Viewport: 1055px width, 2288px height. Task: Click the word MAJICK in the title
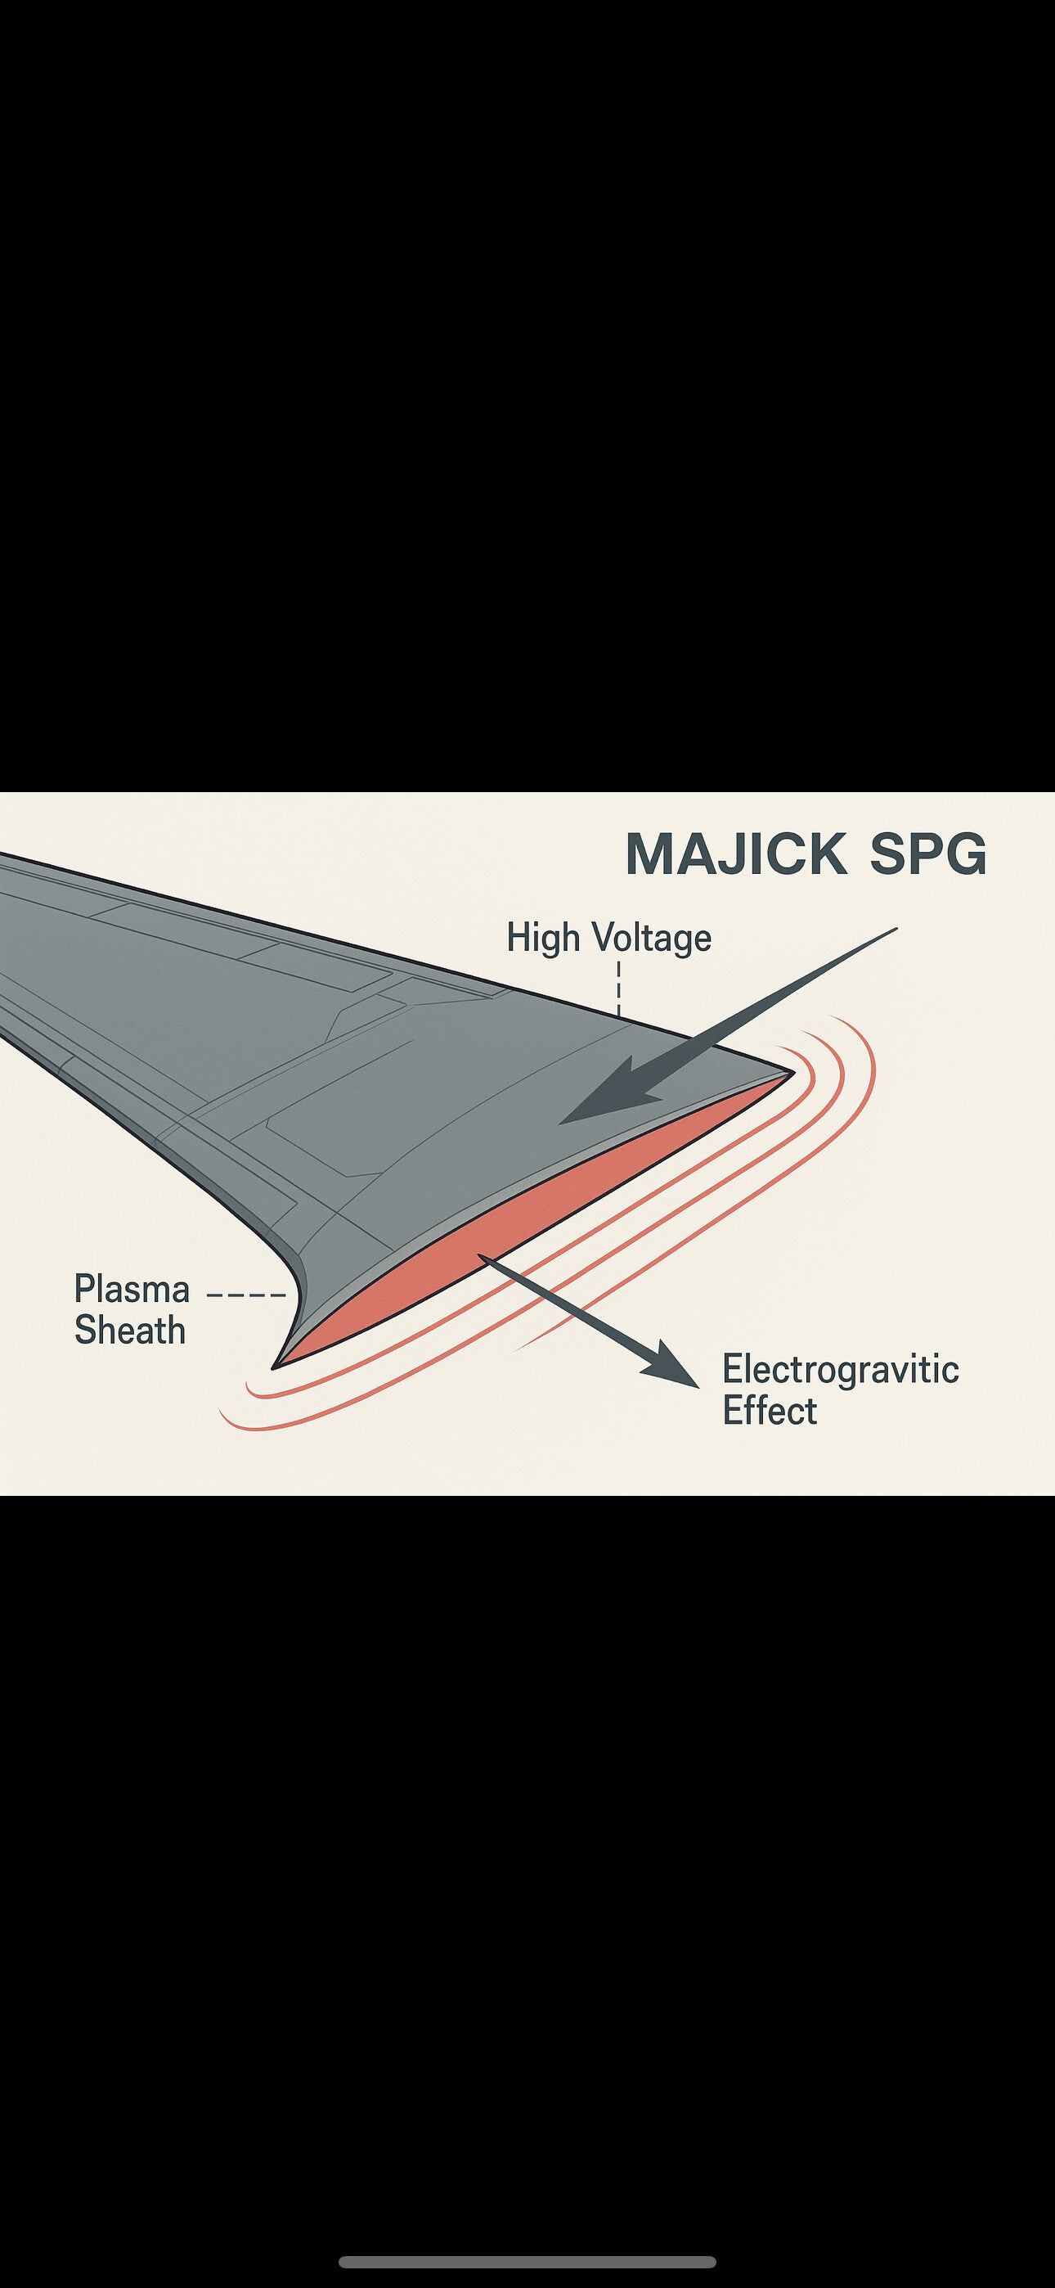(736, 854)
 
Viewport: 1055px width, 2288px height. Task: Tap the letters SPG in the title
(927, 854)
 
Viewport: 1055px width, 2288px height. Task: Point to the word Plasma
(132, 1289)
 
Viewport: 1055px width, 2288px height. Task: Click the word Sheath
(130, 1331)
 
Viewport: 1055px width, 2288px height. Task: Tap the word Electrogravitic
(840, 1370)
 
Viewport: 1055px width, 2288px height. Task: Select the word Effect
(769, 1411)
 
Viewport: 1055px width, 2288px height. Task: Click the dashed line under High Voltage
(618, 988)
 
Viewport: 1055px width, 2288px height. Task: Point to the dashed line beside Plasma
(246, 1295)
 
